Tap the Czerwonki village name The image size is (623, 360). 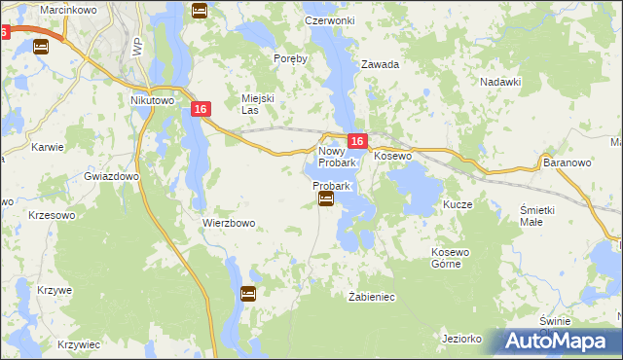[327, 20]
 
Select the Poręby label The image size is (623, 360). [291, 58]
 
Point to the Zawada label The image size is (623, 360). [381, 65]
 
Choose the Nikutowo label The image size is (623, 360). [151, 99]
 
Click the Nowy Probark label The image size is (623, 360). [338, 157]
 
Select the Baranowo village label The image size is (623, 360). [568, 162]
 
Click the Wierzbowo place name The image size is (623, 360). [229, 223]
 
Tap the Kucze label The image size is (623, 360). [458, 205]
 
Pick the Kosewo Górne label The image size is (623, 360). [451, 259]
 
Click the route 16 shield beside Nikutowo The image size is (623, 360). [201, 110]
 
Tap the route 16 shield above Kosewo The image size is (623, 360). [357, 142]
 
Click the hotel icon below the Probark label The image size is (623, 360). [326, 199]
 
